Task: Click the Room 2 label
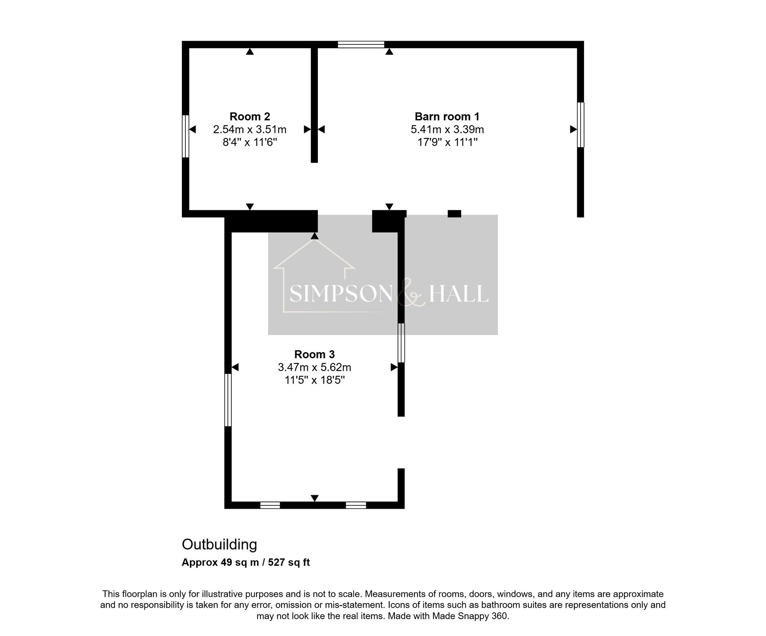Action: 250,116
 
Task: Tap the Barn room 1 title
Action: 447,116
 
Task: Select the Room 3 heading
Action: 314,354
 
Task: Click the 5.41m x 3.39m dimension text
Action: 447,129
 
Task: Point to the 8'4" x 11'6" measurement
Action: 250,143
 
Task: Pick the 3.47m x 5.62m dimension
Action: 314,367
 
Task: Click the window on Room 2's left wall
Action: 185,136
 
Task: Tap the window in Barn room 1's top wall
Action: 361,44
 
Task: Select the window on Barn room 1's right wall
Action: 581,125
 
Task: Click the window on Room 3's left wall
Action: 228,400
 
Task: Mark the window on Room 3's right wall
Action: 401,343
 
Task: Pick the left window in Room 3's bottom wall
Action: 270,505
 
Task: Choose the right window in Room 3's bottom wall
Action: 356,505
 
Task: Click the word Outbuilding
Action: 219,544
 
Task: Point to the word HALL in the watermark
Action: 458,294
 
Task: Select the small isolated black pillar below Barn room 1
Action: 454,214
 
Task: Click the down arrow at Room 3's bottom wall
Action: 314,498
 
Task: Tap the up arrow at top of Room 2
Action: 250,51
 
